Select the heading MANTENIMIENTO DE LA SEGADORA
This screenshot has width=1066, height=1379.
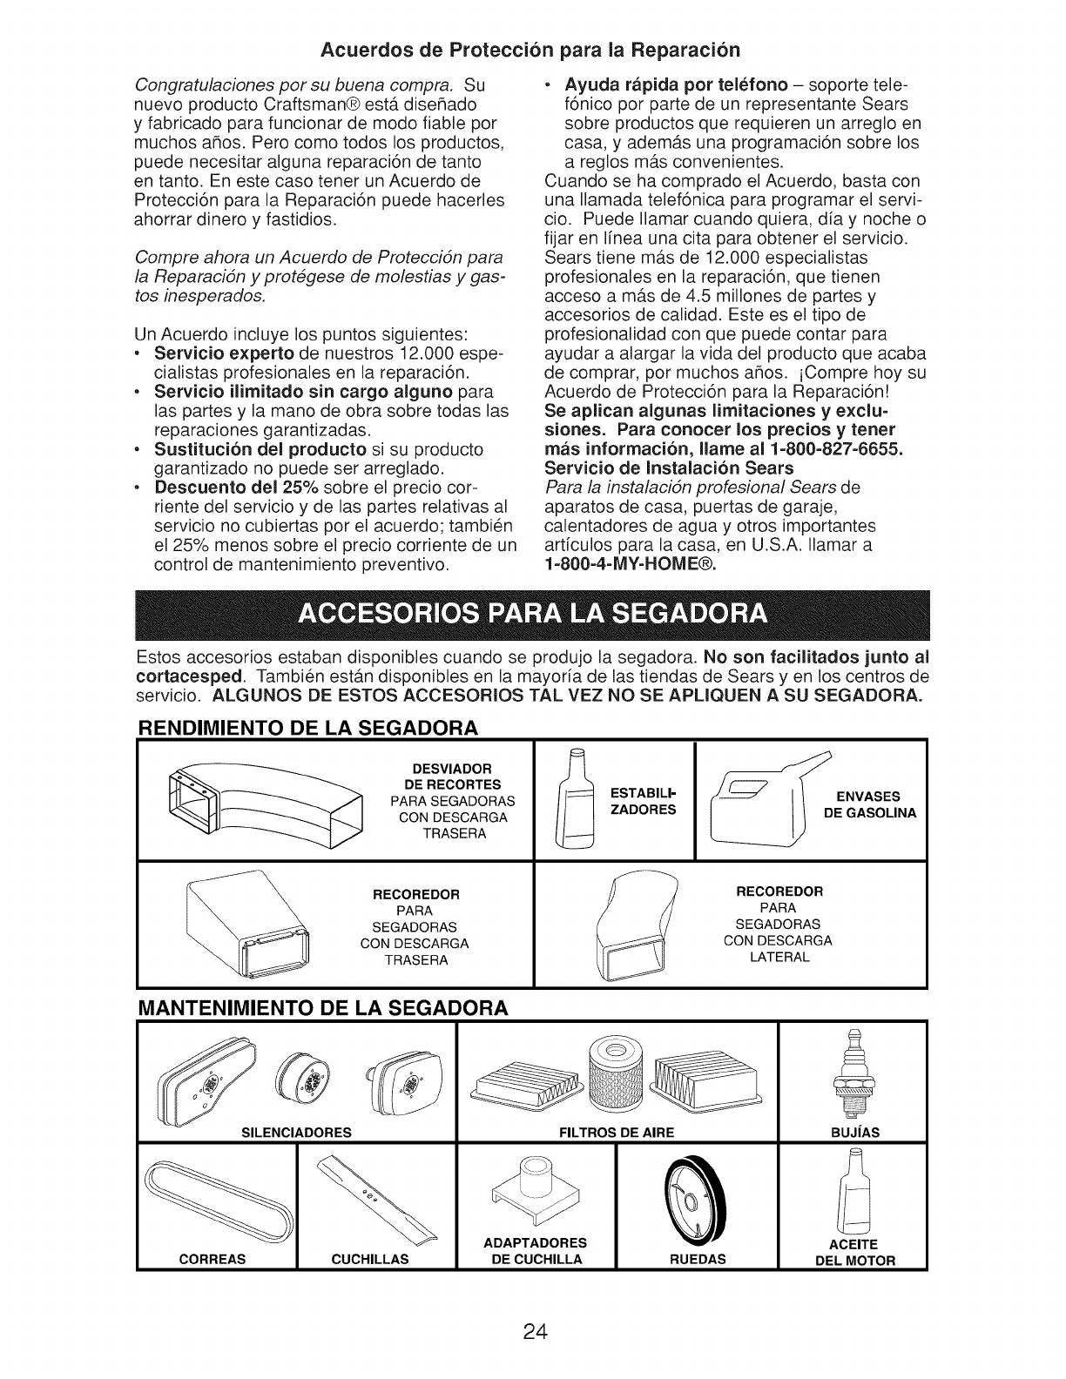(x=322, y=1008)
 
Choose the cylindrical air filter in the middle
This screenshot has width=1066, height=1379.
(x=617, y=1079)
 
